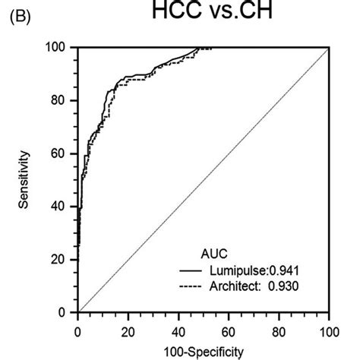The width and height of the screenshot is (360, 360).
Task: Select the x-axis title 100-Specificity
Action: (x=203, y=351)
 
